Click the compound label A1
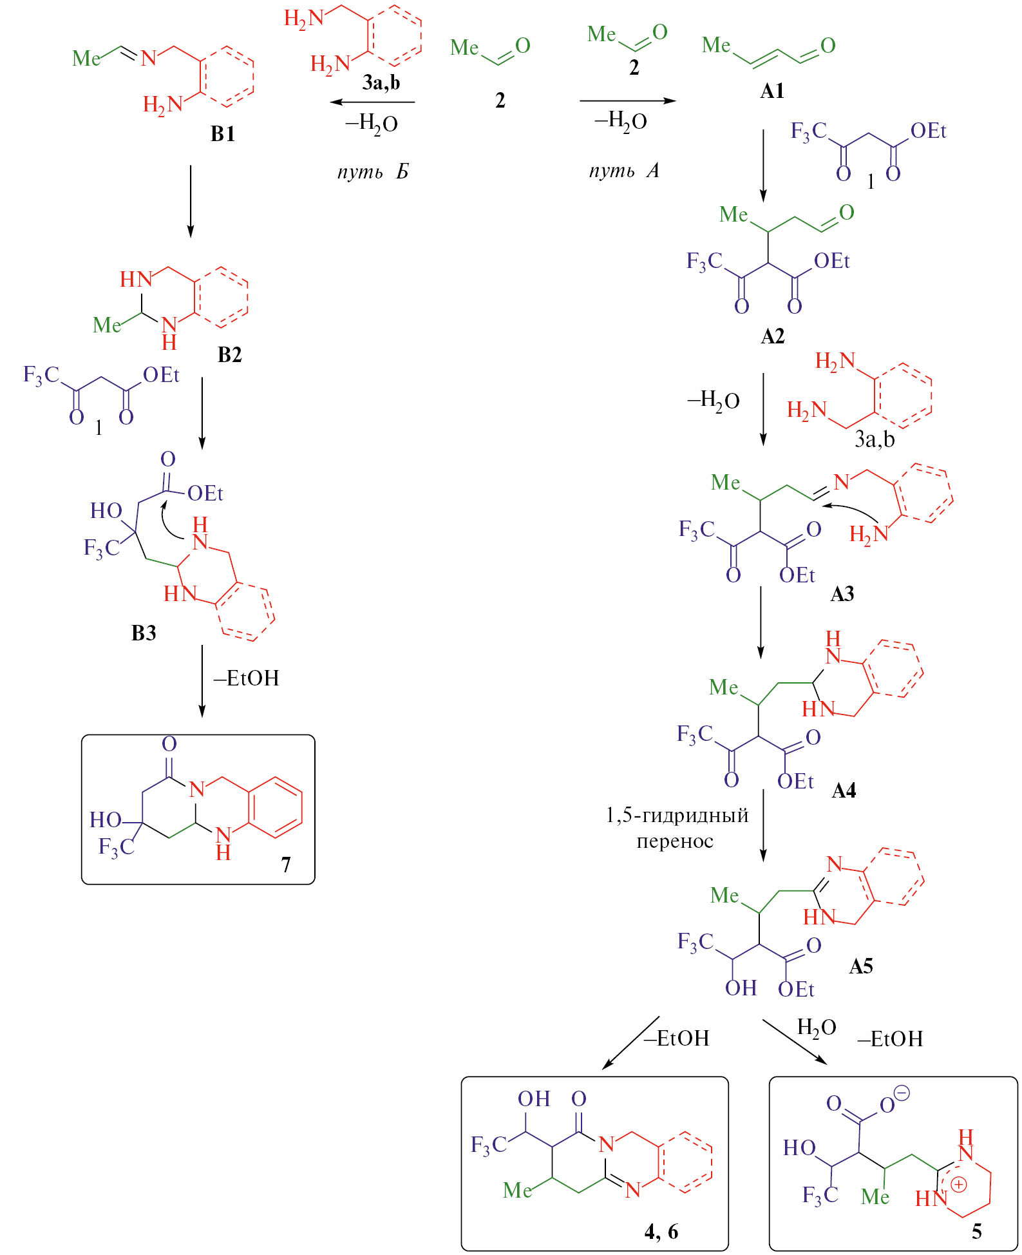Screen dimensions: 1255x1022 click(772, 91)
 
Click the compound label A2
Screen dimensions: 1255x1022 click(772, 336)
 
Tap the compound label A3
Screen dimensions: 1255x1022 click(842, 593)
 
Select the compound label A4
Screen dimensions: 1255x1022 click(844, 790)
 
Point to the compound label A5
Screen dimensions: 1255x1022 click(861, 966)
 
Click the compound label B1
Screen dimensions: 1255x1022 click(223, 134)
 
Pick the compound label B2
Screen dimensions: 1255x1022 click(230, 355)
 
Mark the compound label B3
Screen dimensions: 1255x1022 click(144, 633)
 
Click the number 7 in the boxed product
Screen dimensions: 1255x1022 click(286, 864)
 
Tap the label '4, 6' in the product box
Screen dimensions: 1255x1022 click(661, 1231)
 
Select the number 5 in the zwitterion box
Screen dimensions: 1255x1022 click(977, 1231)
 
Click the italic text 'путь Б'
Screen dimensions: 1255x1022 click(373, 172)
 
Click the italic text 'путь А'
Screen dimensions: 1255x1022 click(624, 171)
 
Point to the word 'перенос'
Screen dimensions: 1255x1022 click(675, 841)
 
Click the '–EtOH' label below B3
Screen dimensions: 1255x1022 click(247, 678)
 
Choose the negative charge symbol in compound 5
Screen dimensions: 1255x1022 click(902, 1093)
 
